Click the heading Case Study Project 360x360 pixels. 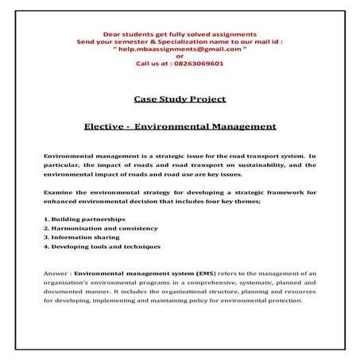pyautogui.click(x=180, y=99)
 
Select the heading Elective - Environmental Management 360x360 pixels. pyautogui.click(x=180, y=126)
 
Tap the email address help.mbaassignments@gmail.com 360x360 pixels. pyautogui.click(x=180, y=48)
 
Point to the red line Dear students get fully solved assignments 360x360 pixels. pyautogui.click(x=180, y=34)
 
